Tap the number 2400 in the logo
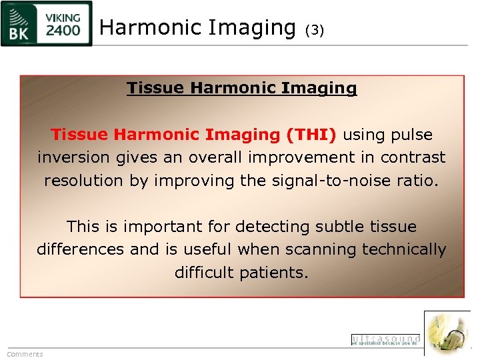(x=63, y=31)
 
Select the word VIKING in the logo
(x=63, y=16)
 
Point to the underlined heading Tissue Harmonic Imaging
(x=241, y=88)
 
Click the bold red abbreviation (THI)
(x=311, y=135)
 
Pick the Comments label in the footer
(x=25, y=354)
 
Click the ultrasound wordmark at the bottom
(x=385, y=339)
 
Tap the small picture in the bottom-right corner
(x=447, y=333)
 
